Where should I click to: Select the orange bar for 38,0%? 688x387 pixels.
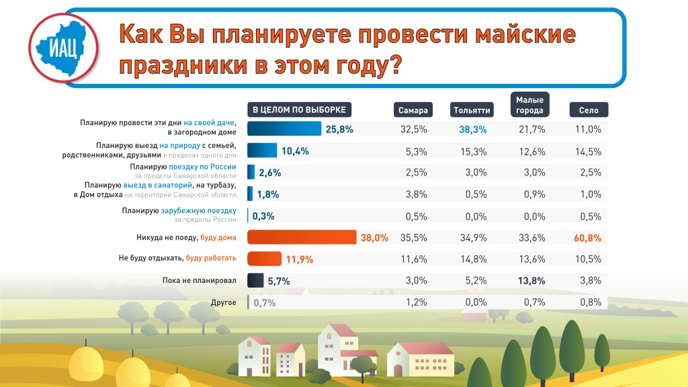tap(302, 238)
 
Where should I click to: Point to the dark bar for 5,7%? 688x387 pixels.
tap(255, 281)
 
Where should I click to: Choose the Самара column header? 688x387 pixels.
tap(413, 110)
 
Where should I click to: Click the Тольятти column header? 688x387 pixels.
tap(472, 110)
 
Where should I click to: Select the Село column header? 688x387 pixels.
tap(588, 110)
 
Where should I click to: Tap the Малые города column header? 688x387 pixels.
tap(529, 105)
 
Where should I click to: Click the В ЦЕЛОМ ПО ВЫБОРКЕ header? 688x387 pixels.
tap(300, 110)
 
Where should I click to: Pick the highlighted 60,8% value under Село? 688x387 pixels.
tap(588, 238)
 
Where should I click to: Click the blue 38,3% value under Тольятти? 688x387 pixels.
tap(472, 129)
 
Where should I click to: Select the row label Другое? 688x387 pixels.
tap(223, 302)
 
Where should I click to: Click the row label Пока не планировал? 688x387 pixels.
tap(200, 281)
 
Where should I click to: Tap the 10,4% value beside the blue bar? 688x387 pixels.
tap(295, 151)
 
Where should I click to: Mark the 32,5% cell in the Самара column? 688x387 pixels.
tap(413, 129)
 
